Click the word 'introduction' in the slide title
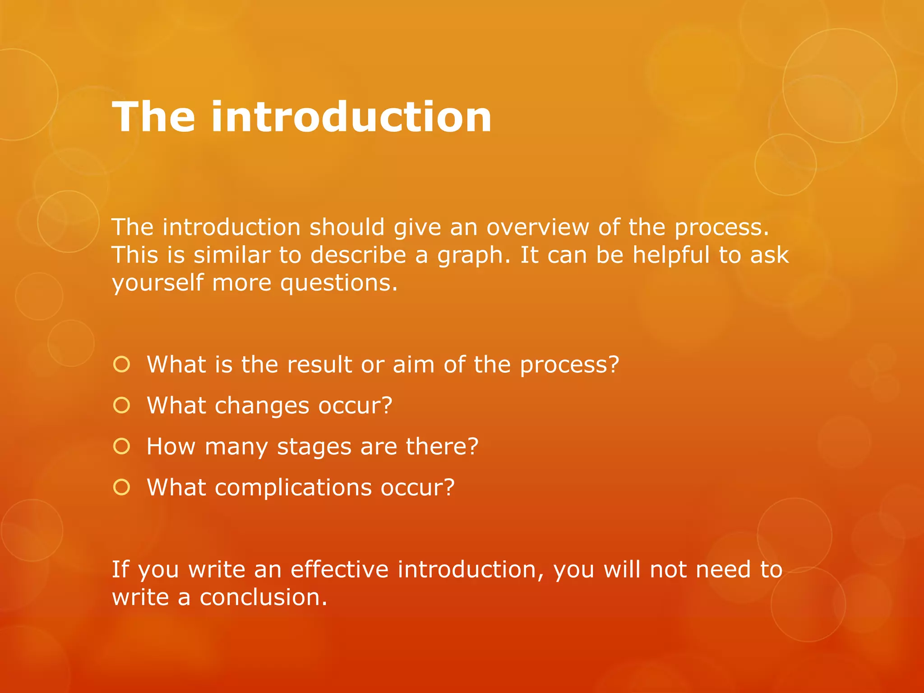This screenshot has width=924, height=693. (x=351, y=117)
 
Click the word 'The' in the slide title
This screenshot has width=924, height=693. (x=153, y=117)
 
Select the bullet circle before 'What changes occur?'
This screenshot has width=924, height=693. (x=122, y=405)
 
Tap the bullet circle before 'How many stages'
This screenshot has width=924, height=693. (x=122, y=446)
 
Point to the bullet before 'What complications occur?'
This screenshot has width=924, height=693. (x=122, y=487)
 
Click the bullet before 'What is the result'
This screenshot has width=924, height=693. (x=122, y=364)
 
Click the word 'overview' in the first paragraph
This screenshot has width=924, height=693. (x=537, y=227)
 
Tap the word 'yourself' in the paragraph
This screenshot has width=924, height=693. (x=157, y=283)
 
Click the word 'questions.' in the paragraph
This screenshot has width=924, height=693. (x=339, y=283)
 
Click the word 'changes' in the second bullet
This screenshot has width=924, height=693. (x=262, y=405)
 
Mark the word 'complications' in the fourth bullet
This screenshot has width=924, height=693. (x=293, y=487)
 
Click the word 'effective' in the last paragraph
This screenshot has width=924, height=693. (x=339, y=569)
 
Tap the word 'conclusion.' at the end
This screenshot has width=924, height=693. (x=263, y=597)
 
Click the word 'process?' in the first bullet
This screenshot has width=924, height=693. (x=569, y=365)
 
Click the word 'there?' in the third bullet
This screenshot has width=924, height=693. (x=442, y=446)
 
